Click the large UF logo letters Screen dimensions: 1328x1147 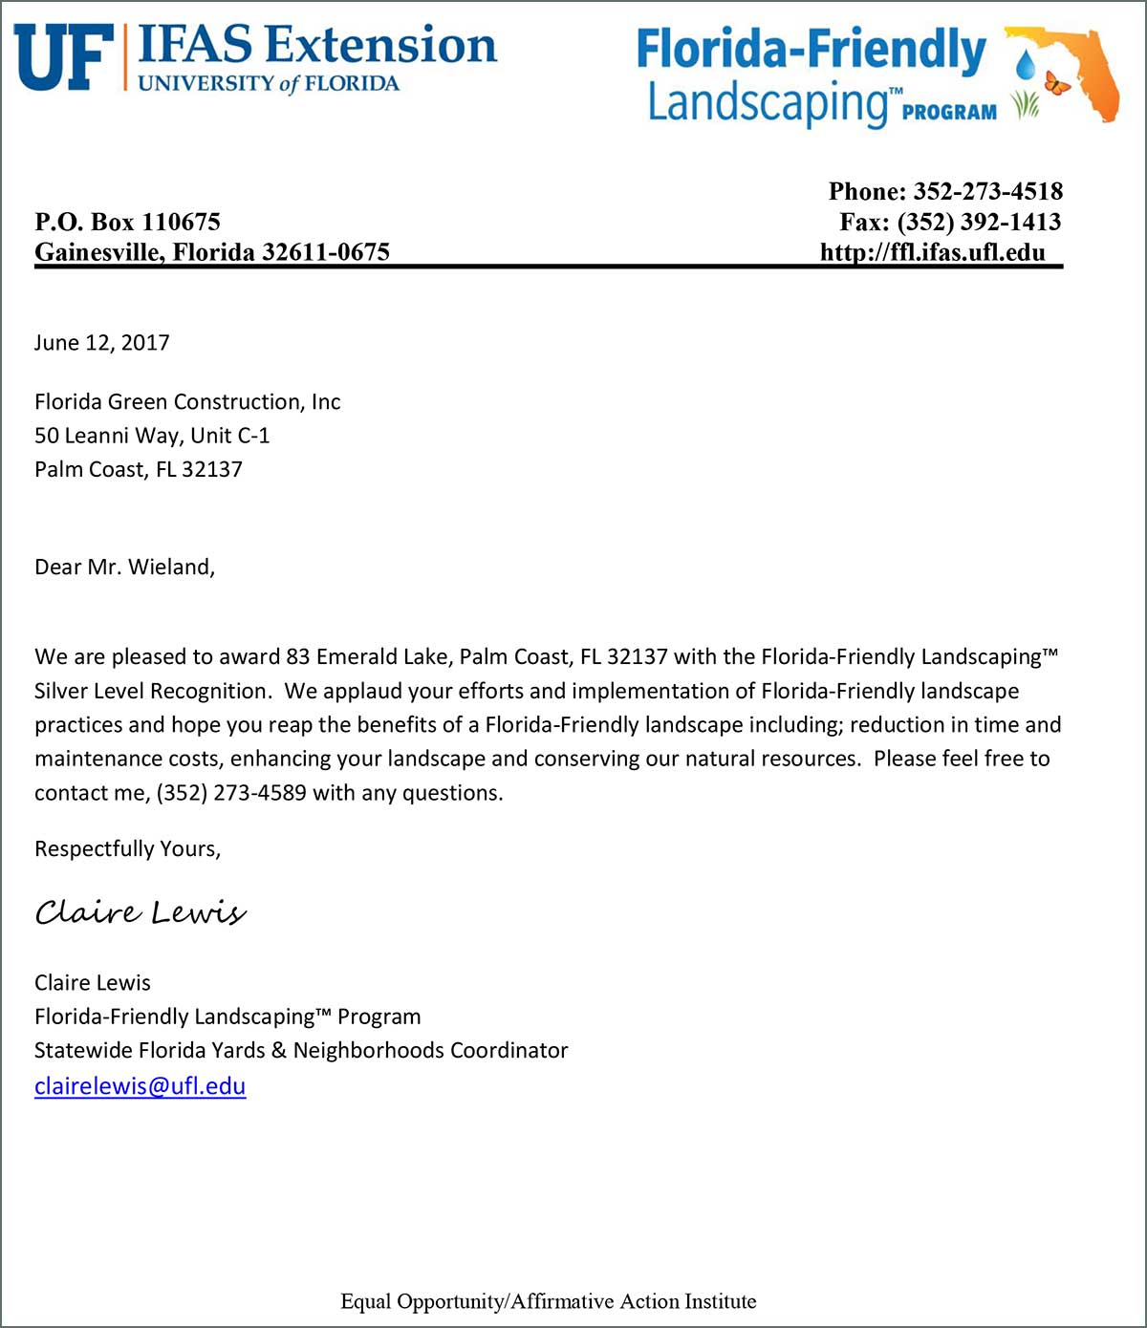click(x=63, y=57)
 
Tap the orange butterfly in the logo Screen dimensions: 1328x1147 click(x=1056, y=83)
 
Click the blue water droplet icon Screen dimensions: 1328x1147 click(x=1026, y=65)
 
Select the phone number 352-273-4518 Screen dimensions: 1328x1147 click(x=987, y=191)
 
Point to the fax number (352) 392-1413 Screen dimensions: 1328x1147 click(x=979, y=222)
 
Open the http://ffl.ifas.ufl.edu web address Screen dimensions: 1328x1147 click(x=932, y=252)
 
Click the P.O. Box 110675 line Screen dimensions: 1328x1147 click(x=127, y=222)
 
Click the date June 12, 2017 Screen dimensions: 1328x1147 click(x=101, y=343)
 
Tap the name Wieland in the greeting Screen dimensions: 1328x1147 click(x=169, y=567)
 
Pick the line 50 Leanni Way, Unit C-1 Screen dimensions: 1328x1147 click(x=152, y=436)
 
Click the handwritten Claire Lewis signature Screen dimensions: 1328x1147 click(x=141, y=912)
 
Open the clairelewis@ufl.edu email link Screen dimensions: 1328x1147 click(x=140, y=1086)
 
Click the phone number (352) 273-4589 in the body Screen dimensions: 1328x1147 click(x=231, y=793)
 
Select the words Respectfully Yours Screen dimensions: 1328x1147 click(x=127, y=848)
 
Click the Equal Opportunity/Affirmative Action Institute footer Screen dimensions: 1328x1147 click(x=548, y=1301)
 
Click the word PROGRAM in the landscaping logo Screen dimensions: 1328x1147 click(x=948, y=112)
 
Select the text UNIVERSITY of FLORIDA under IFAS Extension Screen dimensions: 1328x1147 click(x=269, y=83)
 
